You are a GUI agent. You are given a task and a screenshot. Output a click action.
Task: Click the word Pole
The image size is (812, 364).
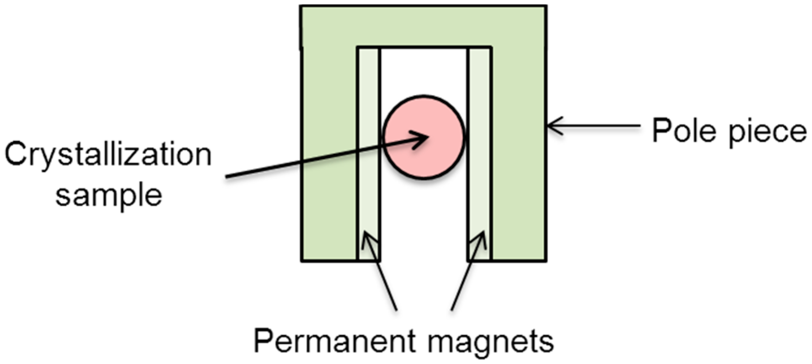click(x=678, y=131)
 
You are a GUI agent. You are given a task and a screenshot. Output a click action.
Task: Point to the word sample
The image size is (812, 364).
click(x=109, y=196)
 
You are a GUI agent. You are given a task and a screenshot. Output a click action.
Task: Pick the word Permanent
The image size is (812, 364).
click(x=329, y=341)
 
